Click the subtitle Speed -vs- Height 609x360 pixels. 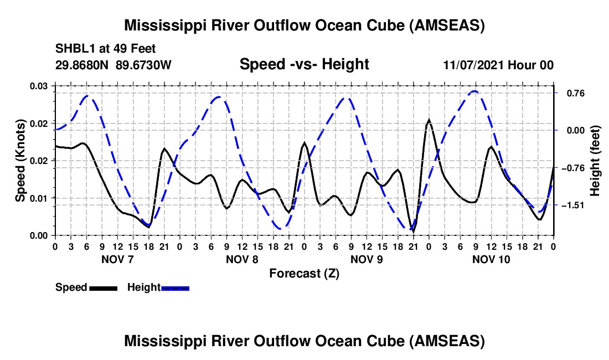[x=304, y=64]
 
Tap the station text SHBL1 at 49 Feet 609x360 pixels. [x=105, y=49]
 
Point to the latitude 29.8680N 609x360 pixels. [x=82, y=65]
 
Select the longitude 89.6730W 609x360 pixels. [x=143, y=65]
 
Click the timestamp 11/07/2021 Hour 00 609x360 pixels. [x=498, y=65]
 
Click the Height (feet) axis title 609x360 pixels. [x=595, y=161]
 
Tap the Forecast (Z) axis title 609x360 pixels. [x=304, y=274]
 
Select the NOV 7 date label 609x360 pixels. [x=117, y=259]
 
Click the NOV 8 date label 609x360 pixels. [x=242, y=259]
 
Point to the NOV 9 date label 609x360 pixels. [x=367, y=259]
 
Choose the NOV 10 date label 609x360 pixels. [x=491, y=259]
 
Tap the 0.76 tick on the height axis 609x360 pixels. [x=576, y=93]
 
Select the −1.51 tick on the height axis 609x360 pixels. [x=573, y=205]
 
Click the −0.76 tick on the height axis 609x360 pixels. [x=573, y=168]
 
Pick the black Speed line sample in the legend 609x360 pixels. [x=104, y=288]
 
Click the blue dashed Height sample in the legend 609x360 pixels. [x=175, y=288]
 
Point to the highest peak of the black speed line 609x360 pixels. [x=429, y=120]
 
